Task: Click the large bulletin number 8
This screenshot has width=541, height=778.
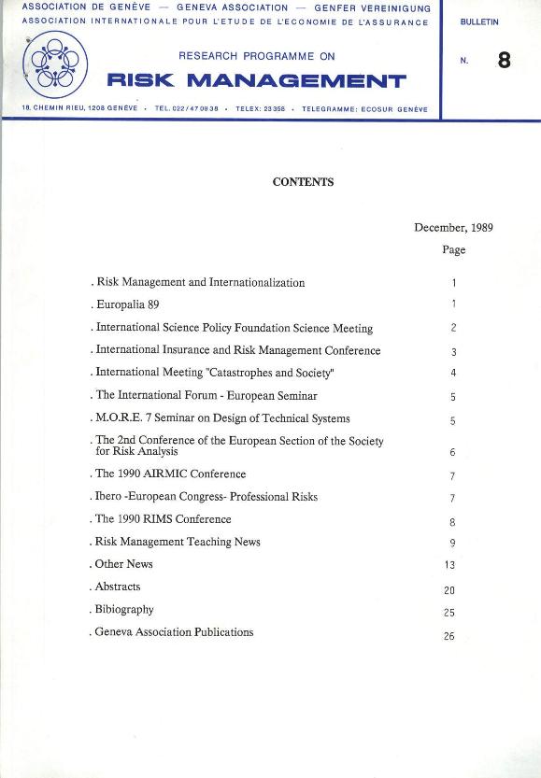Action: pos(505,62)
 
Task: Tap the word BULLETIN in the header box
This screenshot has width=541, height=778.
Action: pos(479,21)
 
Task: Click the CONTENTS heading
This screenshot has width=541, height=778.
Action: pos(303,182)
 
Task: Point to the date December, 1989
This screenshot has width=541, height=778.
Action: pos(453,227)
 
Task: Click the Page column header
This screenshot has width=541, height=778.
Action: pos(453,249)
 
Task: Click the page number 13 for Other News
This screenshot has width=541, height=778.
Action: pos(452,565)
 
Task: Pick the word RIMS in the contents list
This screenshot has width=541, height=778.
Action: pos(161,519)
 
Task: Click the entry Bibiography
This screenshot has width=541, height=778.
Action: pos(124,609)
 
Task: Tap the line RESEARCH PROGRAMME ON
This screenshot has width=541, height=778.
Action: pos(256,56)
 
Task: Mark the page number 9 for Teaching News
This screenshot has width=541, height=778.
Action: pos(452,543)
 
